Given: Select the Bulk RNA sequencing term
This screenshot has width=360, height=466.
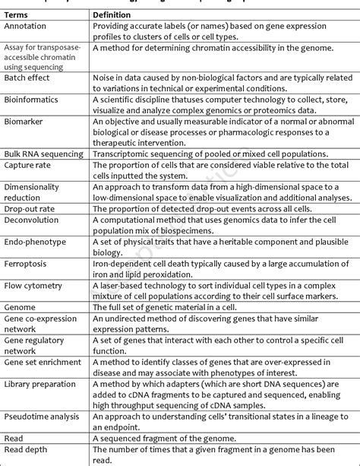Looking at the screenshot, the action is tap(44, 154).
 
